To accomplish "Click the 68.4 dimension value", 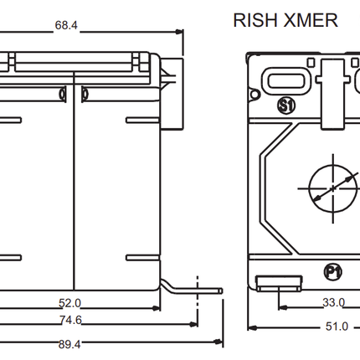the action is tap(66, 25).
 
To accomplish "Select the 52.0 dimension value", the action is tap(69, 303).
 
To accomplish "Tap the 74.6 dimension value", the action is tap(70, 320).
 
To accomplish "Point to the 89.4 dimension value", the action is tap(69, 344).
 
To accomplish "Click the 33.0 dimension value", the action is tap(334, 302).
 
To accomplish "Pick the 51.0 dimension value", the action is tap(337, 327).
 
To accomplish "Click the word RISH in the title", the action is tap(255, 20).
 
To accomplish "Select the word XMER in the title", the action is tap(311, 20).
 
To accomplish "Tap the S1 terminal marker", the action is tap(286, 105).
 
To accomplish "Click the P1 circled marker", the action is tap(333, 272).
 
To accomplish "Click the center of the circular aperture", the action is tap(333, 188).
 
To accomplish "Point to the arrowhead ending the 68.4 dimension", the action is tap(179, 32).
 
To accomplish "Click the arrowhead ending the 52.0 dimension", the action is tap(156, 308).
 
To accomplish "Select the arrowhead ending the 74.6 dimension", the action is tap(193, 325).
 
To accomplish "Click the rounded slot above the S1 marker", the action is tap(285, 81).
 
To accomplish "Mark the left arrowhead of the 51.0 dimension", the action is tap(253, 327).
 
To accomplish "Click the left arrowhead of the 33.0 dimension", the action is tap(283, 307).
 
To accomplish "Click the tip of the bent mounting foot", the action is tap(222, 291).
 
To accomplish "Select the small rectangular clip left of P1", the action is tap(279, 283).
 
